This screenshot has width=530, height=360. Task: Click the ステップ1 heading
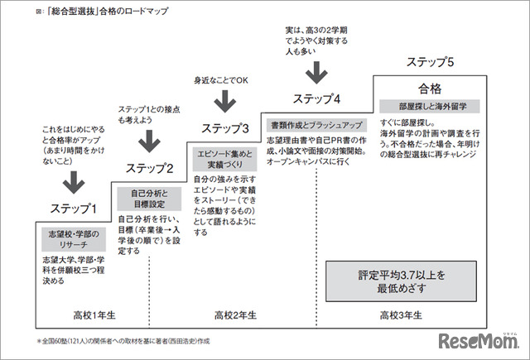(x=74, y=209)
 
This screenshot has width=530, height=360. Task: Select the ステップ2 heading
(x=149, y=169)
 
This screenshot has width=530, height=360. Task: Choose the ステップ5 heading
(x=429, y=62)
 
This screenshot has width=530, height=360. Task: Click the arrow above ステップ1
(x=74, y=180)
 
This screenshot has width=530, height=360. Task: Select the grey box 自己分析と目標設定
(x=149, y=199)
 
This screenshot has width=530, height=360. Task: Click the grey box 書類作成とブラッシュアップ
(x=316, y=125)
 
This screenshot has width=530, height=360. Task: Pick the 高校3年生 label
(x=401, y=315)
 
